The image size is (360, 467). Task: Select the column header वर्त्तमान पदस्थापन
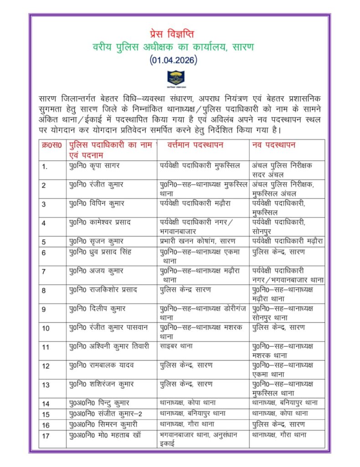[195, 145]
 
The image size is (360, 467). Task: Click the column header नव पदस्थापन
[274, 145]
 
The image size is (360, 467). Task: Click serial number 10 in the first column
[46, 328]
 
